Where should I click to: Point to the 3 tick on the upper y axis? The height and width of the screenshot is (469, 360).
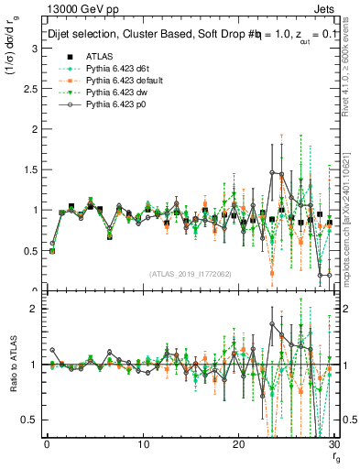click(x=33, y=49)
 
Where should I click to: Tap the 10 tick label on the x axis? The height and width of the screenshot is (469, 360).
click(x=143, y=444)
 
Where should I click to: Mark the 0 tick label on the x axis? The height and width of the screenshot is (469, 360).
click(x=47, y=444)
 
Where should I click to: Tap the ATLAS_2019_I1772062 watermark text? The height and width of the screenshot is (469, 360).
click(x=190, y=274)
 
